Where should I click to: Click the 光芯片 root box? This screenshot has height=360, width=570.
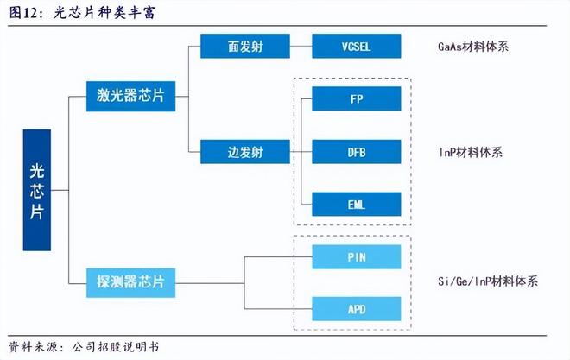[36, 190]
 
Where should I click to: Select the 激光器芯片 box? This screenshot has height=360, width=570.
[131, 97]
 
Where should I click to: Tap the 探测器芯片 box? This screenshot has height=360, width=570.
[131, 280]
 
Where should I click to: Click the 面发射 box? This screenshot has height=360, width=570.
[233, 47]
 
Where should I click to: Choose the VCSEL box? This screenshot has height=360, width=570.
[356, 47]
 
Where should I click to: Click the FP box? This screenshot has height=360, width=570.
[356, 98]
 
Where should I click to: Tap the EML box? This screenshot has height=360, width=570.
[356, 205]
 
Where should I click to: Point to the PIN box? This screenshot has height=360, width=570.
[356, 256]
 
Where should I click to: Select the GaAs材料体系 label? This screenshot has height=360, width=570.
[473, 47]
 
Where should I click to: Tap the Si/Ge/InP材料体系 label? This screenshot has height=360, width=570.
[488, 281]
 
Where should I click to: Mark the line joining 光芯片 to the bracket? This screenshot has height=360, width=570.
[60, 190]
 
